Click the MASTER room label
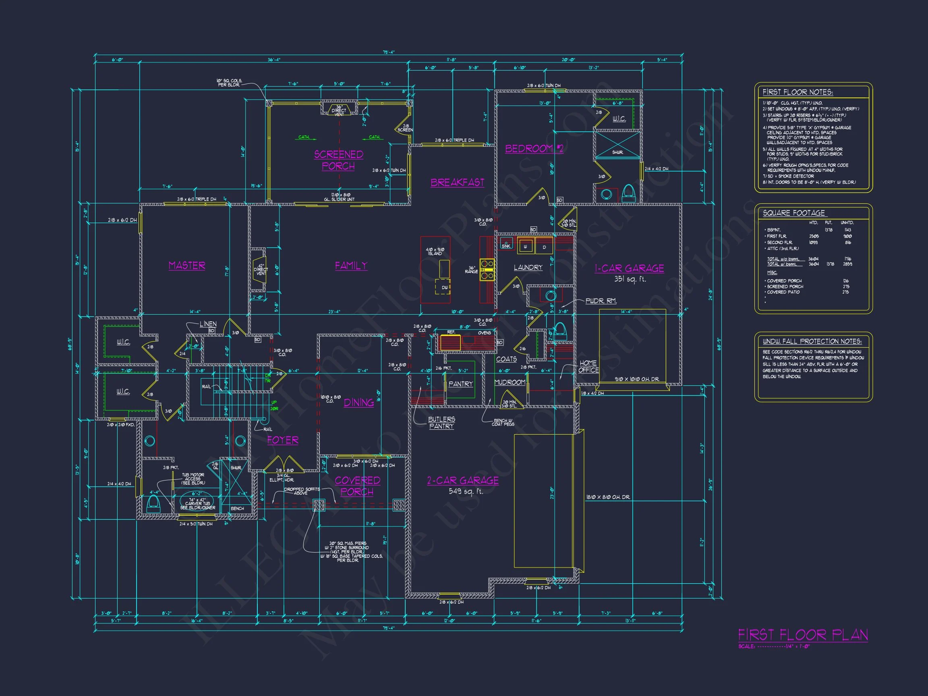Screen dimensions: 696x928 187,265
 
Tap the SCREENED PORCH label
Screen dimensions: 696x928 339,160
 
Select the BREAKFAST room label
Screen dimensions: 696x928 457,182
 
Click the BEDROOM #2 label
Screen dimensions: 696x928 534,149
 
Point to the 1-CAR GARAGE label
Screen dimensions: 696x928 629,269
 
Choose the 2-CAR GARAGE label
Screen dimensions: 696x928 463,481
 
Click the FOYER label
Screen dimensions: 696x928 283,440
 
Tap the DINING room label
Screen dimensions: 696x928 359,403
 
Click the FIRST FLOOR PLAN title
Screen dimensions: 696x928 803,635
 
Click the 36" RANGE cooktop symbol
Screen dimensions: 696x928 487,270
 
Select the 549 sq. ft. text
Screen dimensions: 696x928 466,491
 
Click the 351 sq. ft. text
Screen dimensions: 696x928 630,279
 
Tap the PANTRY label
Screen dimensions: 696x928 460,384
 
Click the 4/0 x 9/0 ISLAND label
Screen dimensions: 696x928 435,251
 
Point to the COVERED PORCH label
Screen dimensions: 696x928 357,486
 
